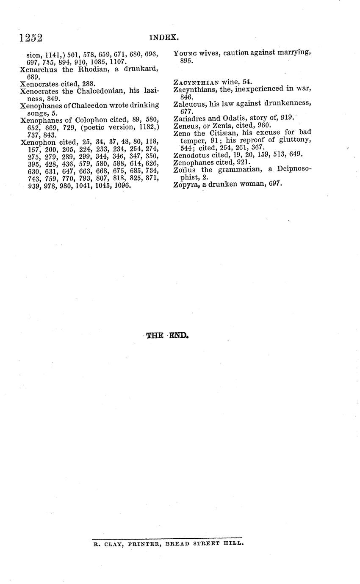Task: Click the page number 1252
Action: [x=31, y=38]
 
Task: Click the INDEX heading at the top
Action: [x=164, y=38]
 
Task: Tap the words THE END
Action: [x=167, y=336]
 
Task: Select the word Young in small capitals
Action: [x=186, y=53]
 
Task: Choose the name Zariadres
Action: [x=190, y=118]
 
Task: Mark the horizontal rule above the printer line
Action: [x=167, y=537]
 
